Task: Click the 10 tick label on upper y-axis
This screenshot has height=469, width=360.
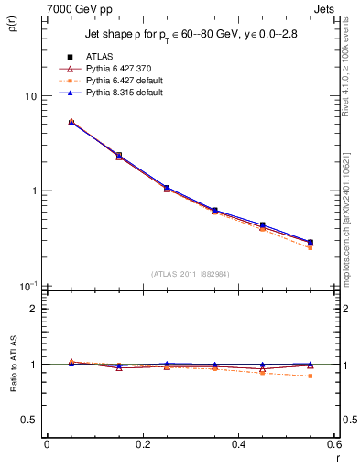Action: click(x=29, y=96)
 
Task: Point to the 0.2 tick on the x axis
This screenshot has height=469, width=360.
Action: click(x=143, y=445)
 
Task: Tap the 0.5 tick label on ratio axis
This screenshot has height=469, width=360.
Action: click(x=27, y=420)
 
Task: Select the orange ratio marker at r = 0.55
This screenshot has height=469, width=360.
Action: click(x=311, y=376)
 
